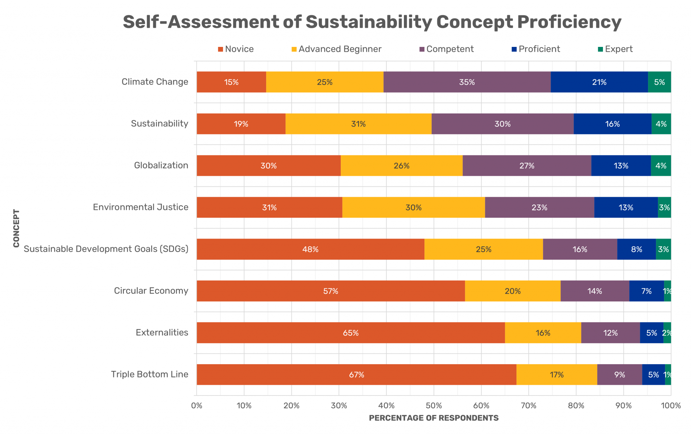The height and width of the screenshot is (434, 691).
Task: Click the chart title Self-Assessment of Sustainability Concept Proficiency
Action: (x=372, y=22)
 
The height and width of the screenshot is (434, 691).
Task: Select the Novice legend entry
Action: (x=236, y=49)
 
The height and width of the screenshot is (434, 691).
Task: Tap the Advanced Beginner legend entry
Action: (x=336, y=49)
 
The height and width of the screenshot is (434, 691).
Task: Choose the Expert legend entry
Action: (x=615, y=49)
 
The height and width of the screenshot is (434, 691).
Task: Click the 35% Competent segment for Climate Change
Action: (x=467, y=82)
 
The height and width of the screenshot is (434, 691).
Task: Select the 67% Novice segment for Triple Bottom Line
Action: (x=356, y=375)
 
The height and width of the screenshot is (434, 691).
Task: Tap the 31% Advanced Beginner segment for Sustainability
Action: (x=358, y=124)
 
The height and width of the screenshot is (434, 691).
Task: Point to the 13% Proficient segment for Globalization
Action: (x=621, y=166)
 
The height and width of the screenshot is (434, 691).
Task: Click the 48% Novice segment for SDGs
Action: (x=310, y=249)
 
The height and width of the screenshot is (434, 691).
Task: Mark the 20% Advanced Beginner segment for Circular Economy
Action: (x=513, y=291)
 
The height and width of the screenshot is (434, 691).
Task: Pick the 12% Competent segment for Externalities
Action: (x=610, y=333)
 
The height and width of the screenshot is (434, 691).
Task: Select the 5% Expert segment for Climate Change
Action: (x=659, y=82)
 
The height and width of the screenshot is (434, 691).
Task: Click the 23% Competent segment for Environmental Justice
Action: (x=540, y=208)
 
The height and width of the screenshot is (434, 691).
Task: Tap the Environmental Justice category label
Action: (x=141, y=207)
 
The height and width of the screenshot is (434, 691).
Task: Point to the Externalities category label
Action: (x=162, y=333)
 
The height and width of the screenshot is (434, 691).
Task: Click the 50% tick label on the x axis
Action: (x=434, y=406)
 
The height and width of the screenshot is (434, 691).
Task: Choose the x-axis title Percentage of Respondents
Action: (x=434, y=418)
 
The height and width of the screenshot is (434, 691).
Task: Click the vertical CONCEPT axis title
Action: (x=16, y=228)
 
